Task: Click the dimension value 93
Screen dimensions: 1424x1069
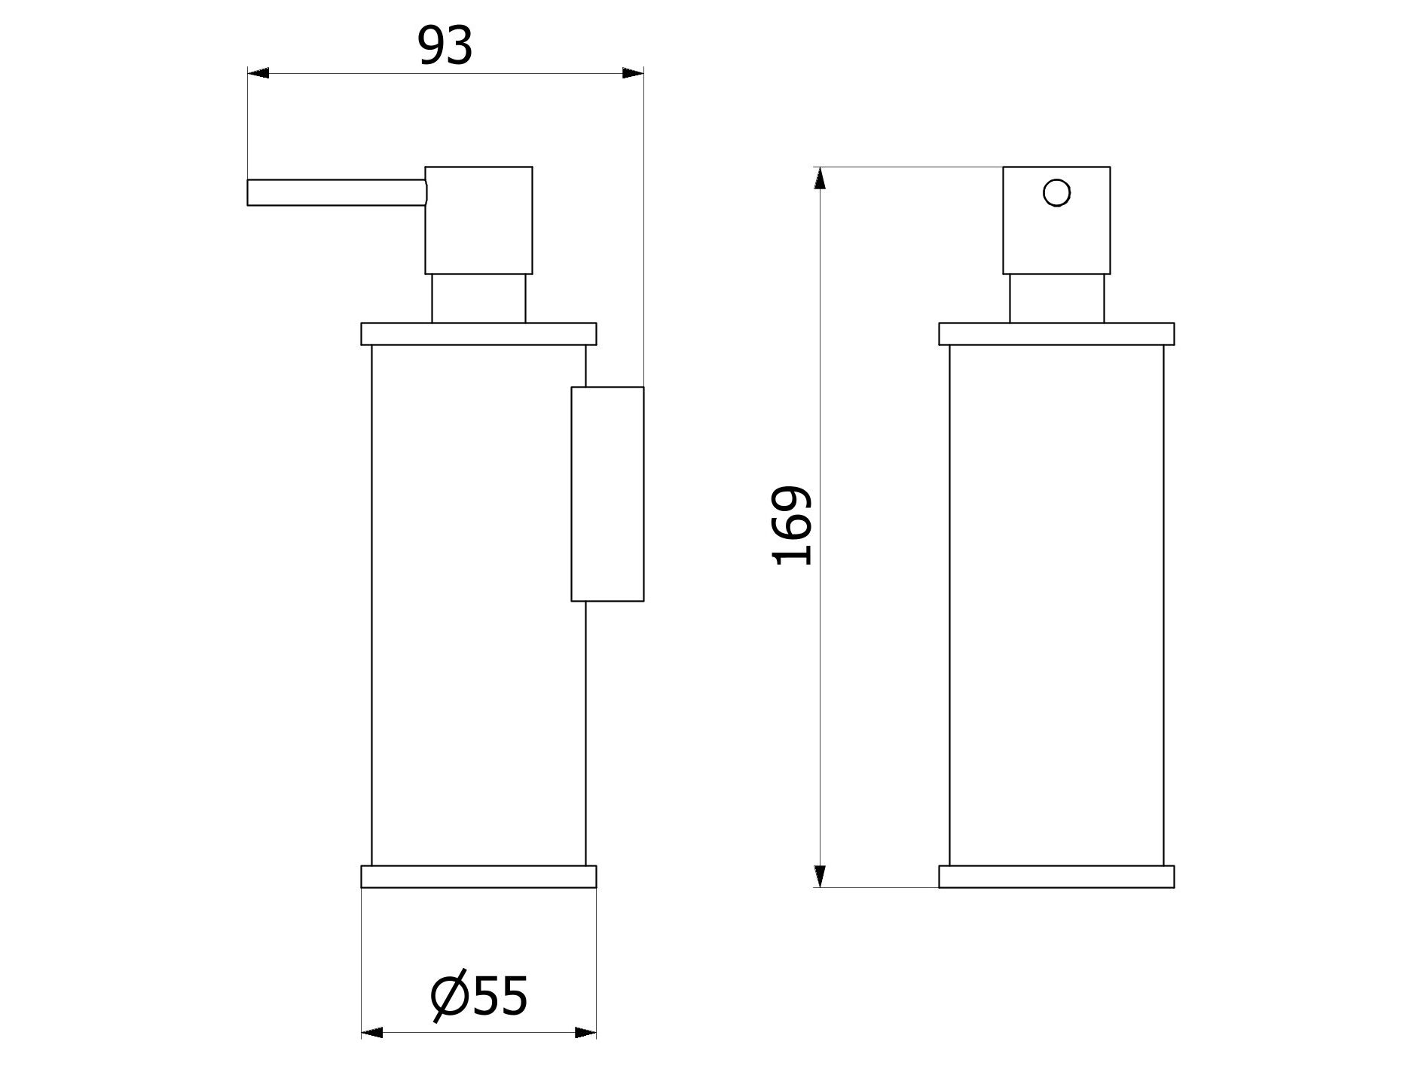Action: tap(445, 46)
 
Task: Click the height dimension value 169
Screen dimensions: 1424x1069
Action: tap(793, 525)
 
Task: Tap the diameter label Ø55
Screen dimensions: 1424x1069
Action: tap(479, 996)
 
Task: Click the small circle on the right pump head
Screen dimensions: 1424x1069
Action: tap(1056, 192)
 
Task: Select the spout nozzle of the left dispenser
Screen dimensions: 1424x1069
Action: tap(337, 192)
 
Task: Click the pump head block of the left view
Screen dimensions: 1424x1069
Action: tap(478, 220)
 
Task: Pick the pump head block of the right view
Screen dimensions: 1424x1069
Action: tap(1056, 220)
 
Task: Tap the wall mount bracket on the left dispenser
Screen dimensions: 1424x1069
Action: tap(607, 494)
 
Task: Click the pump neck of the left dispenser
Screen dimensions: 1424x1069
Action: tap(478, 299)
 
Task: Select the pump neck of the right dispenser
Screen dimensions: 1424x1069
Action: tap(1056, 299)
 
